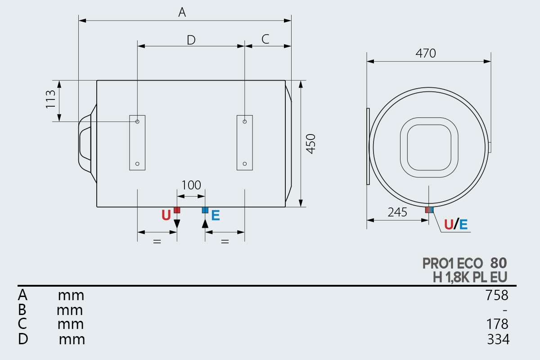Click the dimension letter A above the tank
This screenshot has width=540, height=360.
point(182,12)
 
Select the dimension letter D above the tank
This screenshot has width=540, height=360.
point(191,40)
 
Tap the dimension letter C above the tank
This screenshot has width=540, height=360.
point(265,39)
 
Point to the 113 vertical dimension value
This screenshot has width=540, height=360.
point(50,99)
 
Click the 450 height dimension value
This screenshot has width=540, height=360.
point(310,144)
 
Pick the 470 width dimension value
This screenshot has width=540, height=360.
point(426,53)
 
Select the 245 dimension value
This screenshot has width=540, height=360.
point(397,212)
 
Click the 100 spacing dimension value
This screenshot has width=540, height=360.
point(191,185)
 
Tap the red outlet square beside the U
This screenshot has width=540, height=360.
point(177,210)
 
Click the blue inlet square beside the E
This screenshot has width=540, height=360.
point(205,210)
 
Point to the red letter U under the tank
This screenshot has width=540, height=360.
point(166,215)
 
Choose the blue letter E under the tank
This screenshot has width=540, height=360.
point(216,215)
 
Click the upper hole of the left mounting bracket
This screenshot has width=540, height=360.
point(137,121)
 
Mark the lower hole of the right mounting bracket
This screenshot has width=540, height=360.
point(245,164)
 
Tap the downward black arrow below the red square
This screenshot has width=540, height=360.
point(177,220)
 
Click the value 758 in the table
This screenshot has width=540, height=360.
point(497,295)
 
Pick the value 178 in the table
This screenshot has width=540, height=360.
point(497,324)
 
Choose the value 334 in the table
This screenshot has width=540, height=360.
point(498,339)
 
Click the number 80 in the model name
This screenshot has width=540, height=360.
point(499,263)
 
